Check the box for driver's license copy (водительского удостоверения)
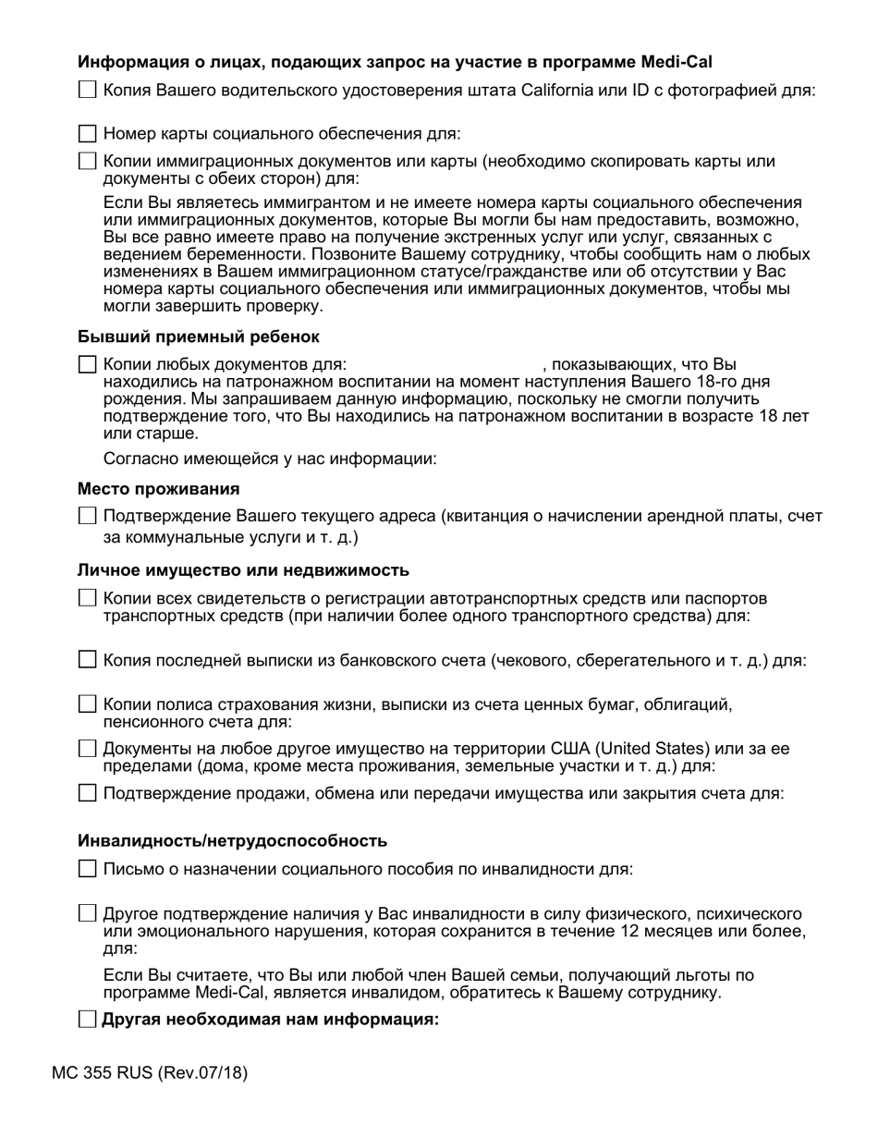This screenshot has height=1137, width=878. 87,90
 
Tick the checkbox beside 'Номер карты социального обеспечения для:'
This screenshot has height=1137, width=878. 87,134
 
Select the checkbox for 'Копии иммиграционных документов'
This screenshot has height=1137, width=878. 87,161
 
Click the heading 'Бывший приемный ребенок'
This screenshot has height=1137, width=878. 199,336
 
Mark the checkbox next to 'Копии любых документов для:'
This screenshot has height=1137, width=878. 87,365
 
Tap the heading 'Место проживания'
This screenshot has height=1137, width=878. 159,488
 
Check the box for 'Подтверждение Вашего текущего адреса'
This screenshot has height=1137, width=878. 87,516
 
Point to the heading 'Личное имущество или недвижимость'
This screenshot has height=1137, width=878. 243,570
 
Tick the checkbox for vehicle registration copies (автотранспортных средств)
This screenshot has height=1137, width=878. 87,598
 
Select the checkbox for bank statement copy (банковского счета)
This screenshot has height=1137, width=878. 87,660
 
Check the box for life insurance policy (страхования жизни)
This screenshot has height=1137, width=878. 87,704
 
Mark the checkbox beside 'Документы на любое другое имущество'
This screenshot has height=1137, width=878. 87,749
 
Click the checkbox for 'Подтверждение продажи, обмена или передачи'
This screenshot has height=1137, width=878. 87,793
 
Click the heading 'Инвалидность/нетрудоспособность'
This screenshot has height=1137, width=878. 232,840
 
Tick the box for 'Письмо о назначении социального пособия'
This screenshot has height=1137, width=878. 87,868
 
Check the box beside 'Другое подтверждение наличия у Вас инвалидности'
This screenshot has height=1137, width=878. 87,913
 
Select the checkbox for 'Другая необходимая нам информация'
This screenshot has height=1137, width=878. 87,1020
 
